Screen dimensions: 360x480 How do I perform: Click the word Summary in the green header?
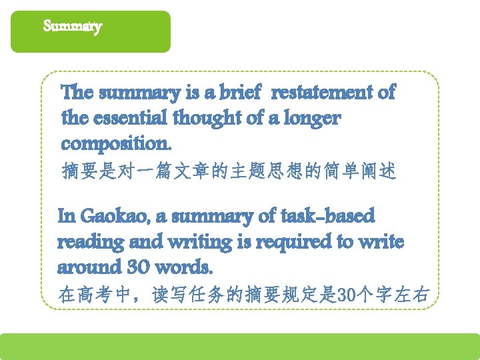tap(72, 27)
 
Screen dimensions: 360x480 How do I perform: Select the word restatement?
tap(324, 93)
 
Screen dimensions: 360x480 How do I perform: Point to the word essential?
tap(133, 119)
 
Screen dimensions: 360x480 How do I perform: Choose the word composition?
tap(116, 144)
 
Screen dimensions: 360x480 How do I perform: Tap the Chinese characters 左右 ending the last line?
tap(411, 294)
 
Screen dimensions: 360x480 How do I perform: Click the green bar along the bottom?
tap(240, 346)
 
